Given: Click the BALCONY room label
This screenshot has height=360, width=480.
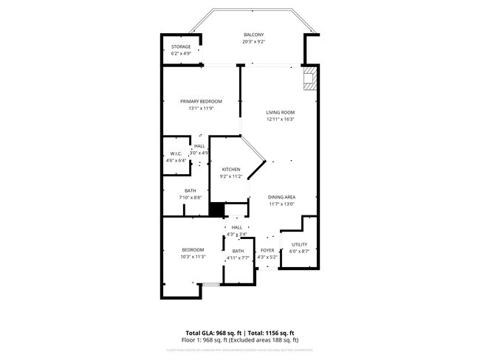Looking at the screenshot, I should point(253,35).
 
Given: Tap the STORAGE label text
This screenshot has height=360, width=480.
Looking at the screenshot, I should point(181,46).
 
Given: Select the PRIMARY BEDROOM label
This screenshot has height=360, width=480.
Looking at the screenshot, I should point(201,101).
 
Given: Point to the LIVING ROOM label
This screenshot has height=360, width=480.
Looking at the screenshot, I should point(280,112).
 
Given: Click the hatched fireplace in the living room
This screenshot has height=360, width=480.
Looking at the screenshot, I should point(312,78).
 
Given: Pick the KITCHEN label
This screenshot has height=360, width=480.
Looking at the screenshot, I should point(230,170).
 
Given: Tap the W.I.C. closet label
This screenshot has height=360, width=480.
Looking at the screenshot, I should point(176,153).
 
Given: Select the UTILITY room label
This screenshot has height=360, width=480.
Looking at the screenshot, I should point(299,244).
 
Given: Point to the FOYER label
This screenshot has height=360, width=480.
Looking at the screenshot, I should point(267,250).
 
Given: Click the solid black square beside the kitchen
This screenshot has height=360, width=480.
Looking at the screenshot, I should point(216,210).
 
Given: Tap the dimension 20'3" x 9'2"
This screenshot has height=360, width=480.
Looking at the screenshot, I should point(253,42).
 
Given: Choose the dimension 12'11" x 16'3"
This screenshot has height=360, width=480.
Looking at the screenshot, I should point(280,120).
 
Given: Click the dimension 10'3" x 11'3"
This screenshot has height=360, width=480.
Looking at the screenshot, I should point(193,257).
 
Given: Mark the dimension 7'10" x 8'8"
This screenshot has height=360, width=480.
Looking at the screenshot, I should point(191,198).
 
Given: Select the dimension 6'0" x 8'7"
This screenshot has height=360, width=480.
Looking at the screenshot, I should point(299,252).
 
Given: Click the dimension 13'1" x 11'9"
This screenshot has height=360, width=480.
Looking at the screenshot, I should point(201,108).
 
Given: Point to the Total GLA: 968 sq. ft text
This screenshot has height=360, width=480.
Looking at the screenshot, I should point(214,333).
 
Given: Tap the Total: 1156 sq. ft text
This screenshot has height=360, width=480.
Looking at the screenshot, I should point(272,333).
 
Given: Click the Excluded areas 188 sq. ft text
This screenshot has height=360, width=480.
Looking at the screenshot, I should point(268,340).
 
